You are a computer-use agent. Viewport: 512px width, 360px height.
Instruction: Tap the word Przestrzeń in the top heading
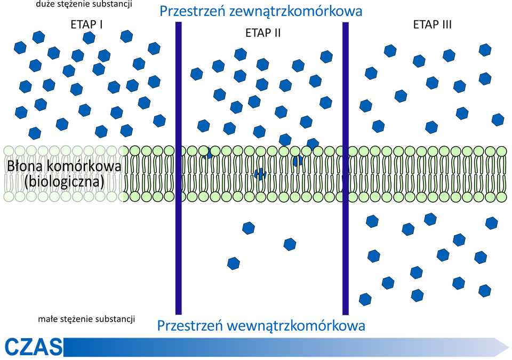coord(191,11)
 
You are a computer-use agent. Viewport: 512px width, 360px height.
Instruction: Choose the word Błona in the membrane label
coord(22,166)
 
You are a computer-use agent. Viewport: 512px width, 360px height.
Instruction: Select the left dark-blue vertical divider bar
coord(179,168)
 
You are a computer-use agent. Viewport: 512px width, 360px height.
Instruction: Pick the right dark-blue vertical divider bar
coord(346,168)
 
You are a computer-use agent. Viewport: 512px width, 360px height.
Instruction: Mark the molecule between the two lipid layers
coord(260,173)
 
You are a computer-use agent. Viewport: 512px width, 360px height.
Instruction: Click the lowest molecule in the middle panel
coord(234,263)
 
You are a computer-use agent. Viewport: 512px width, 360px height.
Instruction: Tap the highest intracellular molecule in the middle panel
coord(249,228)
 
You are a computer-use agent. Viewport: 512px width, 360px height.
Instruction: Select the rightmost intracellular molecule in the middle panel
coord(290,244)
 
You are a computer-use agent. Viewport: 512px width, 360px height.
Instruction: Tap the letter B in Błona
coord(10,166)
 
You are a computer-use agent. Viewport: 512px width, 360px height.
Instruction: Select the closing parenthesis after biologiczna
coord(101,182)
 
